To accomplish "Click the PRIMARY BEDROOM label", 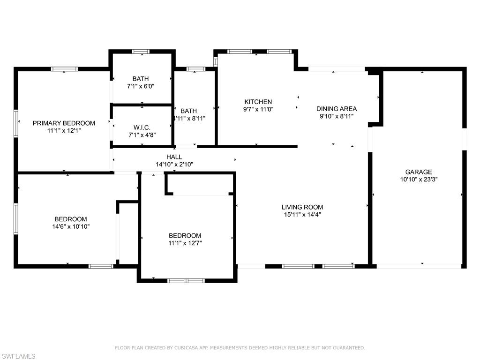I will (x=64, y=123).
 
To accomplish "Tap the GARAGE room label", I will (x=419, y=172).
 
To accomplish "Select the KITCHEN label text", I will (x=258, y=102).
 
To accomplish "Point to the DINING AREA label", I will (x=336, y=109).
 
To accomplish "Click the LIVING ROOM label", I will (x=302, y=207).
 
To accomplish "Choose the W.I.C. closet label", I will (x=142, y=127).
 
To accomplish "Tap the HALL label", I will (x=174, y=157).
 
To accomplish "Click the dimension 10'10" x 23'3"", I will (x=419, y=179).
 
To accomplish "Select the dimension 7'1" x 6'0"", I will (x=141, y=86).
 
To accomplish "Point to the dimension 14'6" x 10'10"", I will (x=70, y=226).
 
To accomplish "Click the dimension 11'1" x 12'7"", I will (x=185, y=243).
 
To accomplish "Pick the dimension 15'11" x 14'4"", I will (x=302, y=215).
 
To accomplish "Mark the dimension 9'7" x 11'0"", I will (x=258, y=109).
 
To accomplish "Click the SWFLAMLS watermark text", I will (x=18, y=356).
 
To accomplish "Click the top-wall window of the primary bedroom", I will (x=65, y=69).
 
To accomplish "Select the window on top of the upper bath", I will (x=140, y=52).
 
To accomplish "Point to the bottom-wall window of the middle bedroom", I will (x=187, y=281).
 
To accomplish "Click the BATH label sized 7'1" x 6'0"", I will (x=140, y=79).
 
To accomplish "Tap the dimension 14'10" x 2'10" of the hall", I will (x=174, y=165).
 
